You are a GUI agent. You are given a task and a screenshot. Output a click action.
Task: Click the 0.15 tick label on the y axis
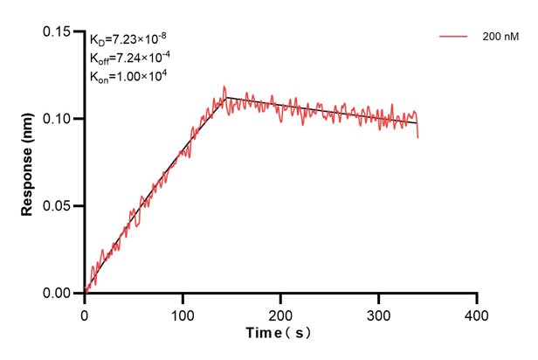(x=59, y=31)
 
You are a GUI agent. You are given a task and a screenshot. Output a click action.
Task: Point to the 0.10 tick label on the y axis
(x=59, y=119)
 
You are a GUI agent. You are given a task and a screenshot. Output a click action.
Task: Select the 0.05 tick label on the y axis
(x=59, y=206)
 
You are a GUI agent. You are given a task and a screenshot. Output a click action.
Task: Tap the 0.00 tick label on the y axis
(x=59, y=294)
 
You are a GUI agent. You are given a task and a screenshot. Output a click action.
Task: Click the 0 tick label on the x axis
(x=85, y=312)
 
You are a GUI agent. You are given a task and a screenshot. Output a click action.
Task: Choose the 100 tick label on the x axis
(x=183, y=312)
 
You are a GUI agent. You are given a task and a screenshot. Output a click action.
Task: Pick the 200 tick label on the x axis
(x=280, y=312)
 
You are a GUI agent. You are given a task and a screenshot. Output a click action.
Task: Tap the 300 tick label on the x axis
(x=378, y=312)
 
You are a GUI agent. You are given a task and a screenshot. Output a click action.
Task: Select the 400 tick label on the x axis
(x=476, y=312)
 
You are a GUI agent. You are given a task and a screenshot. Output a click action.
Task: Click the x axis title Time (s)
(x=278, y=333)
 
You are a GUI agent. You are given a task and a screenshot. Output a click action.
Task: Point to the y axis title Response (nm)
(x=28, y=163)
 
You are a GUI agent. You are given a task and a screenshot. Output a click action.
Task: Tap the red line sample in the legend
(x=454, y=37)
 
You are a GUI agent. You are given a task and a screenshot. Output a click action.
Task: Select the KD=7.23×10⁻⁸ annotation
(x=128, y=39)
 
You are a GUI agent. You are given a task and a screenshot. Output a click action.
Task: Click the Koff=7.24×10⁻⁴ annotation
(x=130, y=58)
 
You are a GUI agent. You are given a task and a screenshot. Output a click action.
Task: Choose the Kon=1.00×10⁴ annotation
(x=128, y=76)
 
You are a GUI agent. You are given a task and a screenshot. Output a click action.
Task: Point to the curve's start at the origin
(x=86, y=292)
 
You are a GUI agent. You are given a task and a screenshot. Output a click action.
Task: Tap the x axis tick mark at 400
(x=476, y=298)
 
